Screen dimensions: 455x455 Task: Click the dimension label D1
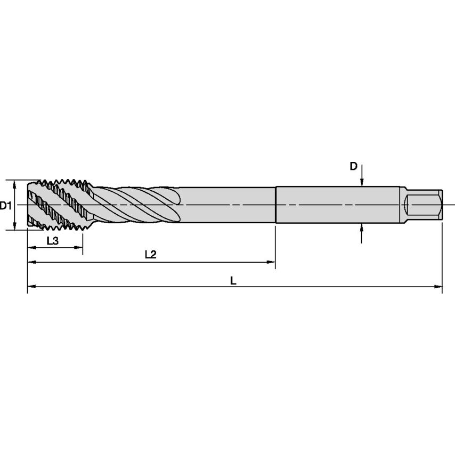pos(6,205)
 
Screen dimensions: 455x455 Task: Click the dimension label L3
pos(52,240)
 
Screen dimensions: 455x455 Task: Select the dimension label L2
pos(150,255)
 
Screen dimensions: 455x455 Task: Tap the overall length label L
pos(233,280)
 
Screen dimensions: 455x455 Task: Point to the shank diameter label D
pos(353,166)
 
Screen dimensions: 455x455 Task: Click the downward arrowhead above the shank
pos(362,183)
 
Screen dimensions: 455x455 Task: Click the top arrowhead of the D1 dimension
pos(15,183)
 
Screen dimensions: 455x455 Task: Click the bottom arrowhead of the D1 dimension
pos(15,226)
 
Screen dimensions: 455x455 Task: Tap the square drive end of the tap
pos(424,205)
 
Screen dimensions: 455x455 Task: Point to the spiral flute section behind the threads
pos(136,205)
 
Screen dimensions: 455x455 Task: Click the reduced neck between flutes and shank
pos(229,205)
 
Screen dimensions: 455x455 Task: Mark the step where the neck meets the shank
pos(275,205)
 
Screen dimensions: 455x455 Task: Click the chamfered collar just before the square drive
pos(403,205)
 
